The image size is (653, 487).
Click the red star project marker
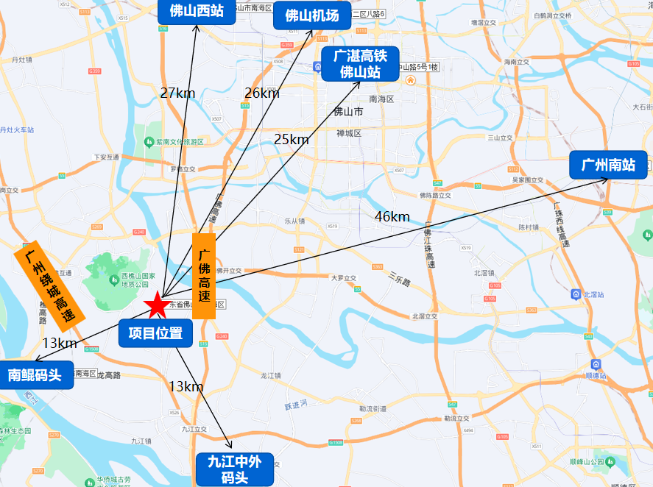point(155,305)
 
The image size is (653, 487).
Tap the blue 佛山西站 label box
point(197,11)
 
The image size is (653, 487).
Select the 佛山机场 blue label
point(311,15)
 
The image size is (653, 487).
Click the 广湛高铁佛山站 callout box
point(359,63)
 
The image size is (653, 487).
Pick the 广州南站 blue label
point(607,165)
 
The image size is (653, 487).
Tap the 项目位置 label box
point(155,333)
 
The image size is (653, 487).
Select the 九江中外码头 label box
point(235,469)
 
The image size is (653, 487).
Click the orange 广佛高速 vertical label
point(204,276)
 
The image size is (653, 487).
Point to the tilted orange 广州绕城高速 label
point(49,282)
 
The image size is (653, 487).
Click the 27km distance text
point(177,93)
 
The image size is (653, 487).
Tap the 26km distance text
point(262,93)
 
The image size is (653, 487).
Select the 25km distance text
point(292,139)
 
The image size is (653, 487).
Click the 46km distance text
point(392,216)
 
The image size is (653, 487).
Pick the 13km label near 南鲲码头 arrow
point(60,343)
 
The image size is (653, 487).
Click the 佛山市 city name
point(348,113)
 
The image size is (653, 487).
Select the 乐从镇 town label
point(294,221)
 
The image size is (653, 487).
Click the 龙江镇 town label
point(271,375)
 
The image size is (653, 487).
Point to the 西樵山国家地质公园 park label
point(135,280)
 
